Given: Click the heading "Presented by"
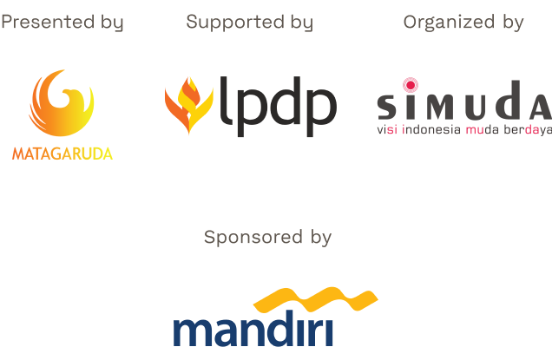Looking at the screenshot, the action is coord(62,23).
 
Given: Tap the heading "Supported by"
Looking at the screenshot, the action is coord(250,23).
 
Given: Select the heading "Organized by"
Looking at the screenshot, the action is coord(463,23).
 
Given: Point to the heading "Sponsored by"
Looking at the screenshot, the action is coord(267,238).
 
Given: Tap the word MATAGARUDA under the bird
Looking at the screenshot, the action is coord(62,154).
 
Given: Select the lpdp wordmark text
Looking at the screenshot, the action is coord(278,107).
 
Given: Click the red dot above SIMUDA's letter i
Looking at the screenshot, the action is coord(411,85).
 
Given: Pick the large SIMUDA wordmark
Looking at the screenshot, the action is coord(464,101).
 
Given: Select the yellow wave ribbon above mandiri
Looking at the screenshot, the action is coord(316,299).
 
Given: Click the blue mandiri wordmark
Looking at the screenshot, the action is coord(253,328).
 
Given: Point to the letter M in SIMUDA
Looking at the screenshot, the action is coord(441,107).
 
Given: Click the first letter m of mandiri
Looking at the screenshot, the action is coord(192,332).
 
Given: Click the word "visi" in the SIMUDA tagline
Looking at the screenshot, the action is coord(387,129).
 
